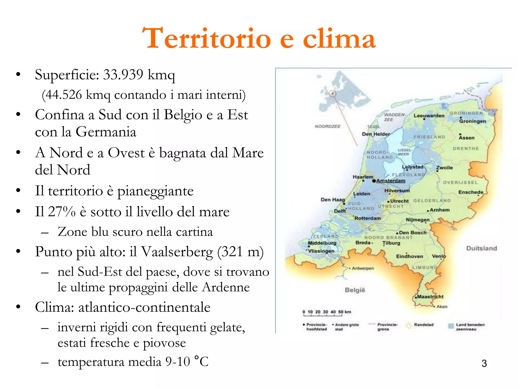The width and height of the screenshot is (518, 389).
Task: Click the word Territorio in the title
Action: coord(206,38)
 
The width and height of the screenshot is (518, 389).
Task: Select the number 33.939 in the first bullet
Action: coord(123,75)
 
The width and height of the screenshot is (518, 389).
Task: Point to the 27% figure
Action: coord(61,211)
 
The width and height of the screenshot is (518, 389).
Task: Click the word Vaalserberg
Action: coord(177,252)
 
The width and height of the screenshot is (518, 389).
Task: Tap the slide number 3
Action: coord(484,363)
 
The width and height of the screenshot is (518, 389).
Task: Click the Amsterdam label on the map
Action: coord(391,181)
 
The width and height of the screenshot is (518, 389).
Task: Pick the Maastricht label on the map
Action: coord(430,297)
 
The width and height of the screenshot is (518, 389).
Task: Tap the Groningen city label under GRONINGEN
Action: coord(472,121)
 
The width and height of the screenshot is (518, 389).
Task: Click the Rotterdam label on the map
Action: coord(368,218)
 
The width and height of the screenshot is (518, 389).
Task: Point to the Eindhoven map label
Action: coord(409,256)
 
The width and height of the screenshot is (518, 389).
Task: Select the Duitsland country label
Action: coord(482,248)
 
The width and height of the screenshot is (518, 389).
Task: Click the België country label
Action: coord(355,290)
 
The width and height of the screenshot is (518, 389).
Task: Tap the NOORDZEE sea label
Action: coord(328,126)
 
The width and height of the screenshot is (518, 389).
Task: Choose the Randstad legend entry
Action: coord(424,325)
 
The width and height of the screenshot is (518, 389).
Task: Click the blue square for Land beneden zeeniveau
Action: coord(450,326)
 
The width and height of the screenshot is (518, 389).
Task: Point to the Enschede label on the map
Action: coord(471,192)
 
